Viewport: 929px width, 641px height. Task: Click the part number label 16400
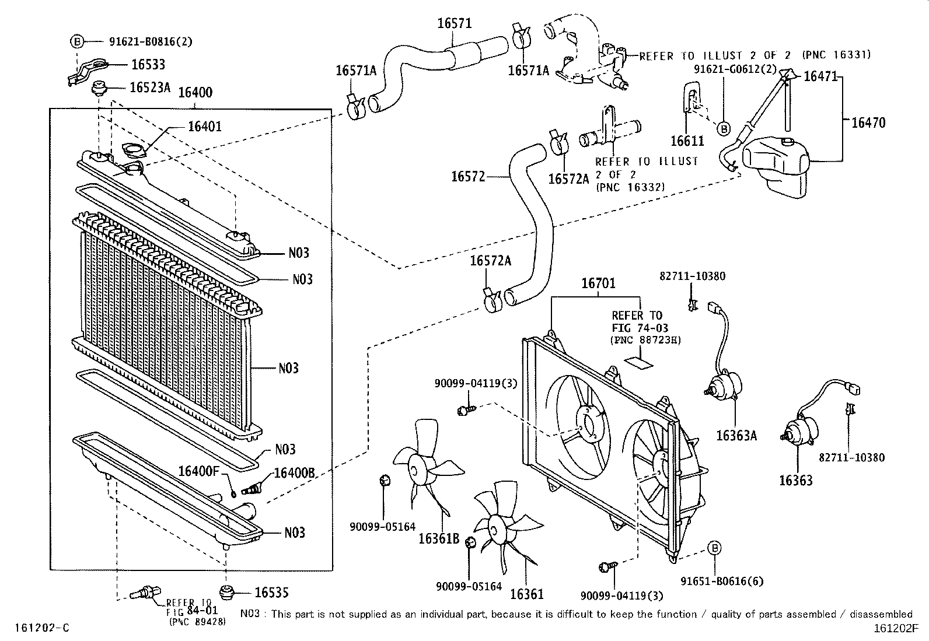[195, 92]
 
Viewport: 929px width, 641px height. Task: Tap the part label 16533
[148, 65]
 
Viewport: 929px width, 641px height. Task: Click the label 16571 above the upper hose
[455, 23]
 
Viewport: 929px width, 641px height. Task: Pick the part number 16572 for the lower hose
[468, 177]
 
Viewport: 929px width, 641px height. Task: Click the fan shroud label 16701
[598, 283]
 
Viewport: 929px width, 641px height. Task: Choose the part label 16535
[271, 593]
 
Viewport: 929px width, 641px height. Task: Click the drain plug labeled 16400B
[252, 490]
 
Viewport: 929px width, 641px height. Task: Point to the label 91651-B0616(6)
[722, 582]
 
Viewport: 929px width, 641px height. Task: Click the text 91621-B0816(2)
[151, 41]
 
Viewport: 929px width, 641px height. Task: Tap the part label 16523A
[150, 87]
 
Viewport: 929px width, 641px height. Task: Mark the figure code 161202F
[896, 629]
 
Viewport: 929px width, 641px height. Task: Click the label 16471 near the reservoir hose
[820, 76]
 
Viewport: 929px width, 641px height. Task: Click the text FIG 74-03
[640, 328]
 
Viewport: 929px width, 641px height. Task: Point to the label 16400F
[198, 471]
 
